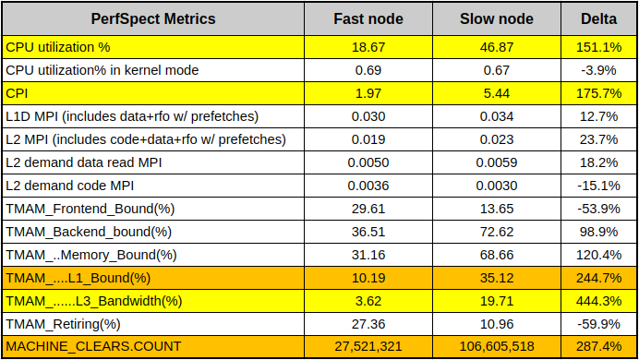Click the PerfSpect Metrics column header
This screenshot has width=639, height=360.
click(152, 19)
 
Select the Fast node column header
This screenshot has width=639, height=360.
click(368, 19)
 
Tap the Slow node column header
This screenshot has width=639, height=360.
click(497, 19)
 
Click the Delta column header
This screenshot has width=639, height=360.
click(598, 19)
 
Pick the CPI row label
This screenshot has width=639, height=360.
click(17, 93)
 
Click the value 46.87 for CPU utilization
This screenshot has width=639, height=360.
click(497, 47)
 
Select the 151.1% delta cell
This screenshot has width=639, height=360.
click(598, 47)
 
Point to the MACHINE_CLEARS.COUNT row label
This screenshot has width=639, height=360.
click(93, 346)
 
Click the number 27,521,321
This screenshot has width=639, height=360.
click(368, 346)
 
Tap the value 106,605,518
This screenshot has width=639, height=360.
click(497, 346)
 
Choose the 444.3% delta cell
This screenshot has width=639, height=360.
click(598, 301)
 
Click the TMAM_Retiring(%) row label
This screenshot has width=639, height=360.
click(63, 324)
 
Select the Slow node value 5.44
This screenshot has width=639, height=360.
click(497, 93)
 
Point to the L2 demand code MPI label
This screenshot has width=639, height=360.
click(69, 186)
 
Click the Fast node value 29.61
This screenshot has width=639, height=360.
click(368, 209)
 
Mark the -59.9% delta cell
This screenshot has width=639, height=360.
click(598, 324)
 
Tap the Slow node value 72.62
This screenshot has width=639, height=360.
click(497, 232)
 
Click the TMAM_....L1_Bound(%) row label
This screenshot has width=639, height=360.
click(78, 278)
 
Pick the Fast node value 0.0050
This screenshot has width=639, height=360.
click(368, 162)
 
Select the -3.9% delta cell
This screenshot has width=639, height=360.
click(598, 70)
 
